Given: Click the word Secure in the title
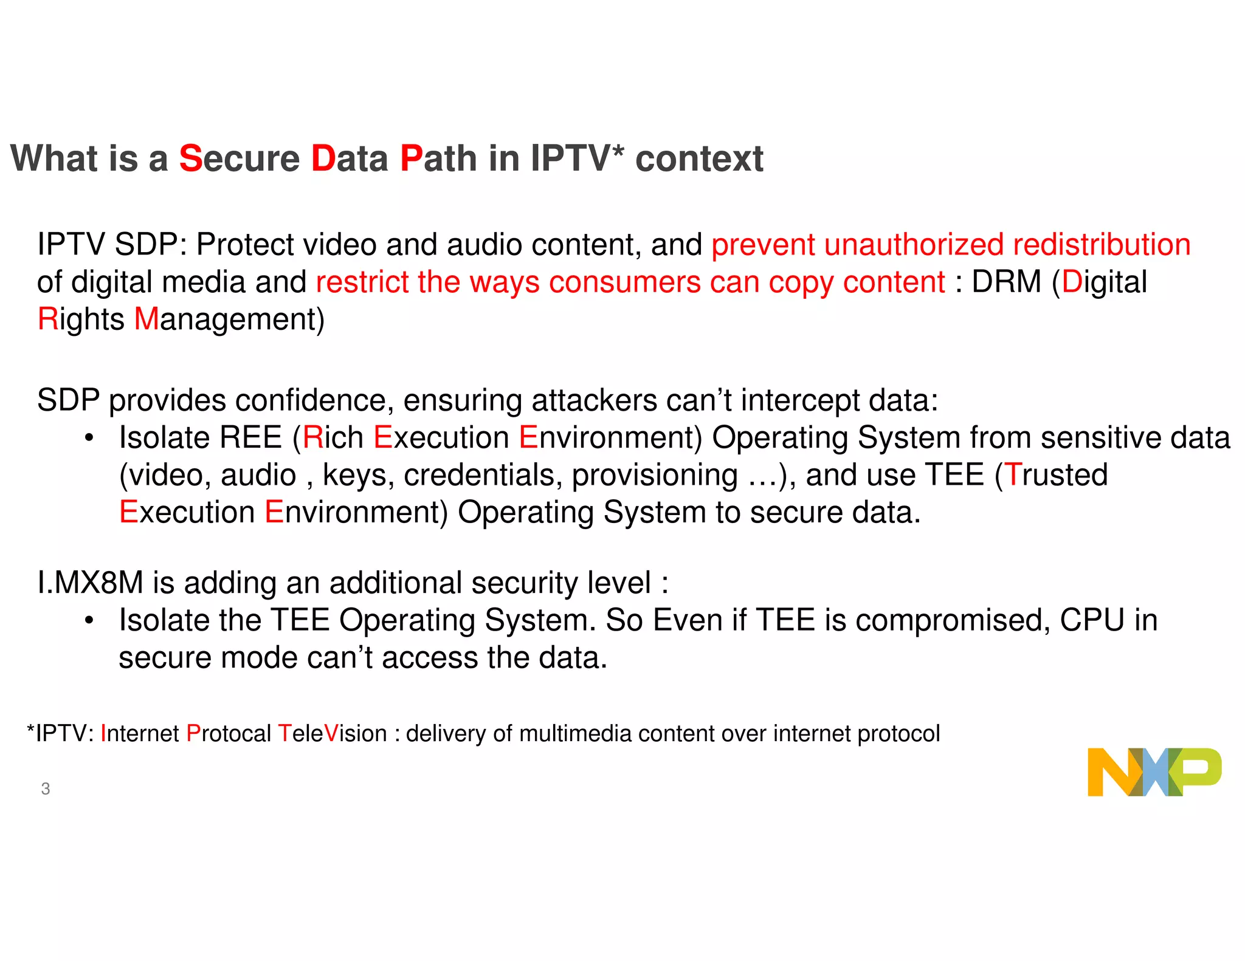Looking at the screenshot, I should click(x=239, y=159).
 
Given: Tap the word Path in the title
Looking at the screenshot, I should click(x=438, y=159).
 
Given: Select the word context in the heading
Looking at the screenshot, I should click(x=699, y=159).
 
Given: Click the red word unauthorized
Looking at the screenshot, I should click(x=914, y=245).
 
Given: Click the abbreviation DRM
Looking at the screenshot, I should click(x=1006, y=282).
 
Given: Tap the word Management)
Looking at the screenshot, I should click(x=229, y=320).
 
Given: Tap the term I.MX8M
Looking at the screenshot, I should click(x=90, y=583).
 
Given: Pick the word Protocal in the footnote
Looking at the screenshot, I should click(x=229, y=734).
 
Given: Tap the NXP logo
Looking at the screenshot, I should click(x=1154, y=772).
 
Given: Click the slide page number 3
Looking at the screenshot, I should click(x=46, y=788).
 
